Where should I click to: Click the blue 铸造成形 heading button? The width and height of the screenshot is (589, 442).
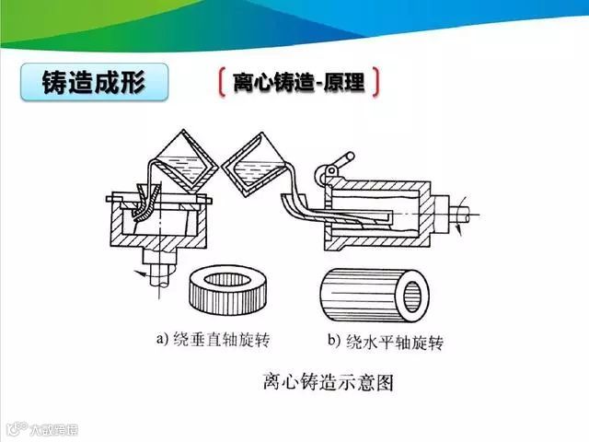point(94,82)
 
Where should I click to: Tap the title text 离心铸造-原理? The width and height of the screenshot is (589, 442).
point(299,83)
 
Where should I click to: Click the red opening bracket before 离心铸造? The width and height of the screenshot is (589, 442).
point(222,83)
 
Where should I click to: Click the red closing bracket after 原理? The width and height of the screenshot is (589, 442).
point(377,83)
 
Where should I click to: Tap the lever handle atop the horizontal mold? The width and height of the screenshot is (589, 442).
point(332,171)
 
